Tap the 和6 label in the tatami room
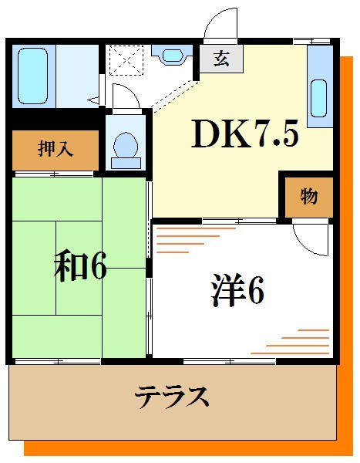click(79, 265)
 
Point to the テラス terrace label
click(173, 397)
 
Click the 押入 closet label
click(56, 148)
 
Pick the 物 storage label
click(308, 197)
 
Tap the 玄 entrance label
click(221, 57)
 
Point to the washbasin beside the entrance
click(170, 55)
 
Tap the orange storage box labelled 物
click(308, 198)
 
